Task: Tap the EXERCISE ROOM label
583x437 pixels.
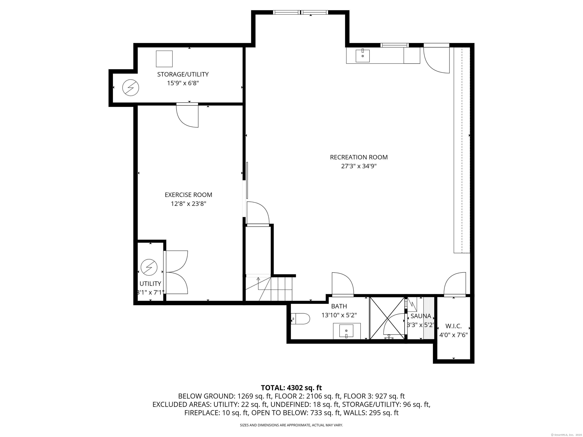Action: point(188,195)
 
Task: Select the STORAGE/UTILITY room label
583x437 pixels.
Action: point(183,74)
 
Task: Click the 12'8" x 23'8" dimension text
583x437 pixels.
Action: point(188,204)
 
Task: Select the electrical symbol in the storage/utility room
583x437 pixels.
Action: point(130,88)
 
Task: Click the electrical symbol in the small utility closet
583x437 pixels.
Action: point(149,268)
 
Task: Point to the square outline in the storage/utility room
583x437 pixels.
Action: point(164,59)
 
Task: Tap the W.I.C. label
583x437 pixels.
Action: point(453,326)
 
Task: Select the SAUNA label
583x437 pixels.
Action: point(421,316)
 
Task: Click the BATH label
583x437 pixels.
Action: point(339,306)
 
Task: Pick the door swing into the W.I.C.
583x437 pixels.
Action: point(455,284)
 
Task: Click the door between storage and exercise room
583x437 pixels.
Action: point(187,115)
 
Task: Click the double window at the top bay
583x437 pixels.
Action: point(300,12)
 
